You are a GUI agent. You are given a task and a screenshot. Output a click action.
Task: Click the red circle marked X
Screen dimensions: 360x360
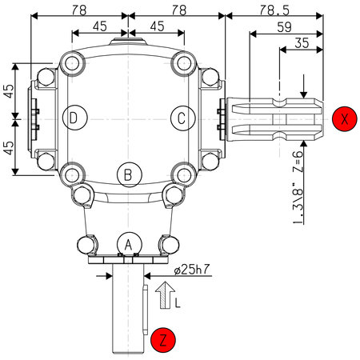pyautogui.click(x=345, y=118)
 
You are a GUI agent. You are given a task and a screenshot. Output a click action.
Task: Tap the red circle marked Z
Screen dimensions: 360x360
pyautogui.click(x=163, y=340)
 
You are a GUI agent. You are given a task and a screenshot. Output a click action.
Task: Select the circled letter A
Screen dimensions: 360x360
pyautogui.click(x=128, y=245)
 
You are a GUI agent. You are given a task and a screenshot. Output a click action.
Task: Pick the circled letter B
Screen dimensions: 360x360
pyautogui.click(x=130, y=174)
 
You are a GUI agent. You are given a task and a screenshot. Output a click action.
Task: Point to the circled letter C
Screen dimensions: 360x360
pyautogui.click(x=183, y=118)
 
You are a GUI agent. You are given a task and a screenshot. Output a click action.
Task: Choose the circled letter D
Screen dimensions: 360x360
pyautogui.click(x=75, y=118)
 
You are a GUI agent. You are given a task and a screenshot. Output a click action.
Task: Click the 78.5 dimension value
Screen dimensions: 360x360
pyautogui.click(x=274, y=10)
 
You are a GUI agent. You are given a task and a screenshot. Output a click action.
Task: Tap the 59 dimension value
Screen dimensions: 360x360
pyautogui.click(x=285, y=27)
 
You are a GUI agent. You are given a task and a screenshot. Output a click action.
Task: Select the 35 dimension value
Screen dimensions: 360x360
pyautogui.click(x=302, y=42)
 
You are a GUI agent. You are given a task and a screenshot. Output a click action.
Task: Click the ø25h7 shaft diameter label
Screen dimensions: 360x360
pyautogui.click(x=192, y=270)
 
